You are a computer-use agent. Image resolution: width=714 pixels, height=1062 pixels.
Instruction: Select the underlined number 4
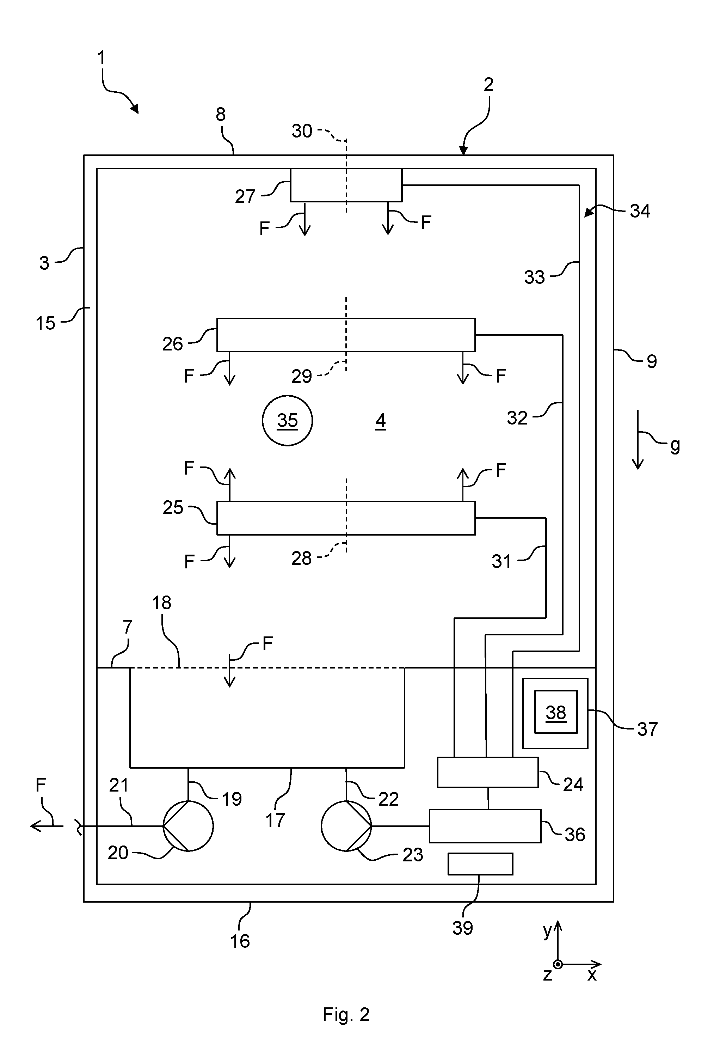pyautogui.click(x=381, y=421)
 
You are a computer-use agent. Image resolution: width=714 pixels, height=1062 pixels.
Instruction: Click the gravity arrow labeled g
pyautogui.click(x=638, y=440)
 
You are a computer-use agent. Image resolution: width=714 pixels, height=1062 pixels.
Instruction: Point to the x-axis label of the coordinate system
pyautogui.click(x=592, y=975)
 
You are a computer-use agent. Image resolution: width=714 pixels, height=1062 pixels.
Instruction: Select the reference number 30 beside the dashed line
pyautogui.click(x=302, y=131)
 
